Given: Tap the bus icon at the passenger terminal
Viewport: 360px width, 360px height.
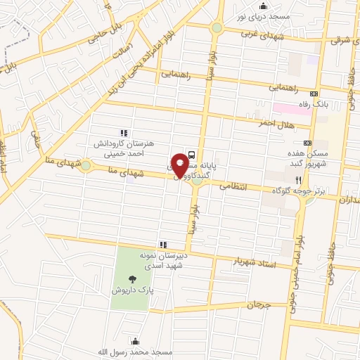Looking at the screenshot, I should click(x=193, y=156).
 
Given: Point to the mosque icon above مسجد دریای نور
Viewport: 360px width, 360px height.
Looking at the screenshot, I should click(x=263, y=6).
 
